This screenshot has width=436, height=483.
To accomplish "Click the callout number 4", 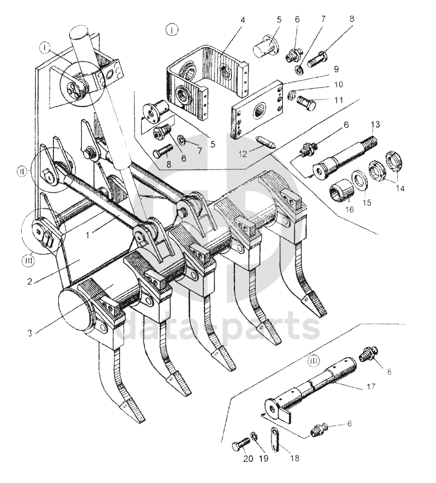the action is coord(243,21).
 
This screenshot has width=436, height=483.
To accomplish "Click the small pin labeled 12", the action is coord(266,141).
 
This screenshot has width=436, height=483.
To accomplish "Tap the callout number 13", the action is coord(375,125).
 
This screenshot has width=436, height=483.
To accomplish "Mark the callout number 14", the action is coord(400,188).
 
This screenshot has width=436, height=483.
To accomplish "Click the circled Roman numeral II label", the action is coord(21,171).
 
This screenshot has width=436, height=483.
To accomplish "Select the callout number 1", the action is coord(88,235).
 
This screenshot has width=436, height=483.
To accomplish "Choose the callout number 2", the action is coord(29,281).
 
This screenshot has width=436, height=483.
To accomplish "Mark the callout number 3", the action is coord(29,333).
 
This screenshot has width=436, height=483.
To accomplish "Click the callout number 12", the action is coord(243,154).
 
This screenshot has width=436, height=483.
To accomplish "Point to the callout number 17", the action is coord(371,386).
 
